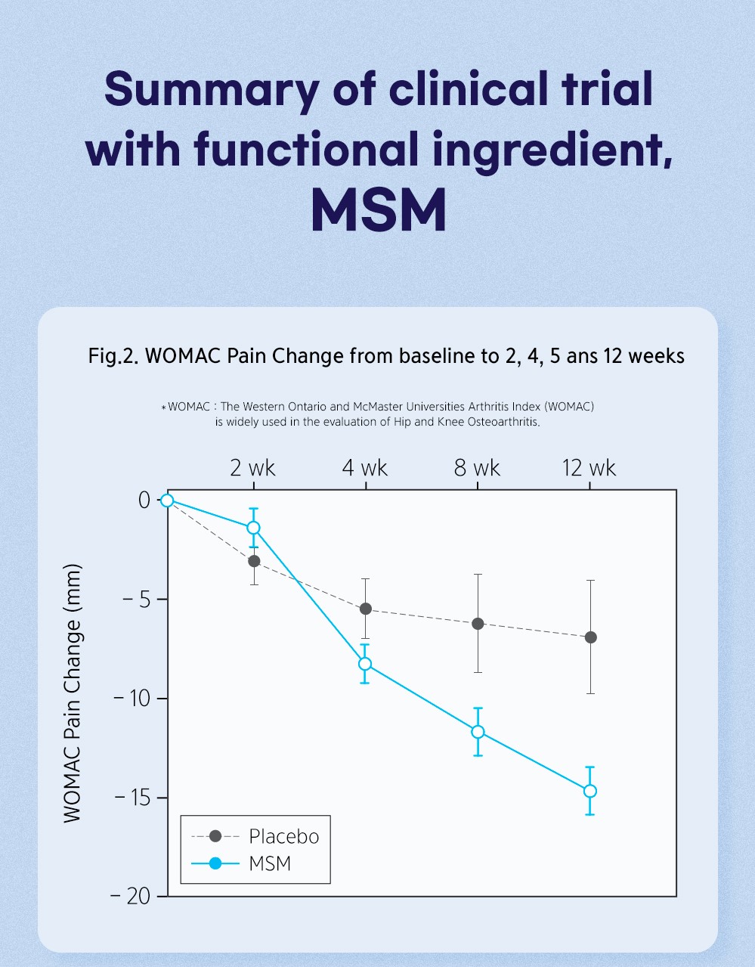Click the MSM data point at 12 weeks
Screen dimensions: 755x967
[590, 791]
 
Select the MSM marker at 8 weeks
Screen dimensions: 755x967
[478, 732]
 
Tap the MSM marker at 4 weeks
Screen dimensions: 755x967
[365, 664]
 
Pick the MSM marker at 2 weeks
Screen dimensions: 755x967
[253, 528]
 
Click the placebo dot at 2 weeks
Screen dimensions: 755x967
[254, 561]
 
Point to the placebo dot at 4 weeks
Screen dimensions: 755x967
[366, 609]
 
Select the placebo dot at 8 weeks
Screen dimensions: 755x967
[478, 624]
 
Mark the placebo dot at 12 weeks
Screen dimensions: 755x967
[591, 637]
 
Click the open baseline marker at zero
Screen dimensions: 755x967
[167, 501]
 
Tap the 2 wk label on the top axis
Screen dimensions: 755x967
[252, 468]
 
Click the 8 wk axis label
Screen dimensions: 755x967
[477, 468]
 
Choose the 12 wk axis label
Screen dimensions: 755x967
[589, 468]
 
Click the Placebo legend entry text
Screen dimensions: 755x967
[284, 837]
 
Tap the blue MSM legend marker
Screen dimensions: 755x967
[215, 863]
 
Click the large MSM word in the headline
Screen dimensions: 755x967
[379, 209]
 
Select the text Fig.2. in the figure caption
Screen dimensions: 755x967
[113, 356]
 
